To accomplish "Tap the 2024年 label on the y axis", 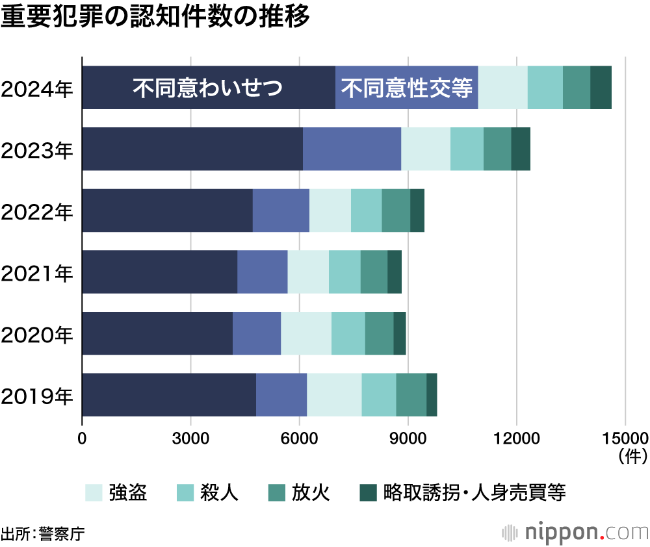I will [37, 88].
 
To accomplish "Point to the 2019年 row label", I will [37, 396].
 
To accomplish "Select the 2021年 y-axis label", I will [37, 273].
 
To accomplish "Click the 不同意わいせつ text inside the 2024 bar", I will [208, 88].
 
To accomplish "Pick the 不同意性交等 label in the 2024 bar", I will [407, 88].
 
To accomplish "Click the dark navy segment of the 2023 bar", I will [192, 149].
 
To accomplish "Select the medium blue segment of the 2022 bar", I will [281, 210].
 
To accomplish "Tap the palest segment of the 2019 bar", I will [334, 395].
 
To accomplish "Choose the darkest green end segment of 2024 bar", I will [601, 88].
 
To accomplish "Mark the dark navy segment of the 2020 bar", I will [157, 333].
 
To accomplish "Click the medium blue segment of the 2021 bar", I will [263, 272].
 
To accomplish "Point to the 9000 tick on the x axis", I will [408, 438].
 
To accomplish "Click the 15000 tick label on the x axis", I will [624, 438].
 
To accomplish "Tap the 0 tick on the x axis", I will [82, 438].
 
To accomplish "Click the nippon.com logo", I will [575, 532].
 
